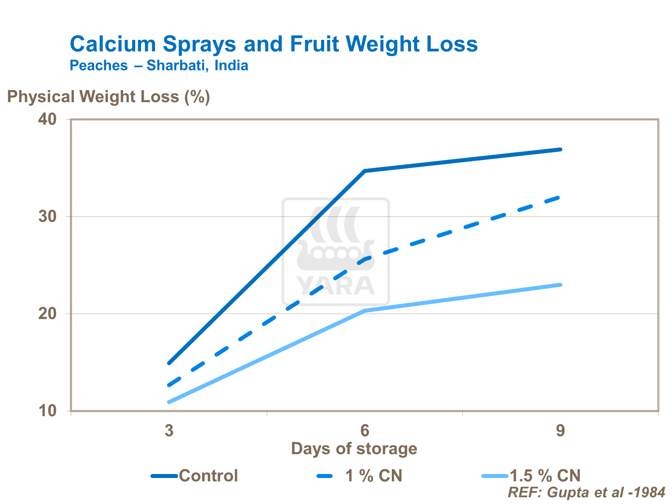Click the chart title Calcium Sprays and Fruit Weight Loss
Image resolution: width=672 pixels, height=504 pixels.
coord(274,44)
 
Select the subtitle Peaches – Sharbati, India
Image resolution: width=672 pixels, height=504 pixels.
coord(159,66)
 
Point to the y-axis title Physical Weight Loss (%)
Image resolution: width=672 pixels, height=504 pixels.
coord(108,97)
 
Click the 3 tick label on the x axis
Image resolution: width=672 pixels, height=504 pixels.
coord(169,431)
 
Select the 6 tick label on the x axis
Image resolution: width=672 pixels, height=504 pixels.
coord(365,431)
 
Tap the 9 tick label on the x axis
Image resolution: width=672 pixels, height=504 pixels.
coord(561,431)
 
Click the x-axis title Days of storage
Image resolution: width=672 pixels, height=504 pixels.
coord(354,449)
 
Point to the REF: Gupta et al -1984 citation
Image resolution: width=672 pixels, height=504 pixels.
coord(586,492)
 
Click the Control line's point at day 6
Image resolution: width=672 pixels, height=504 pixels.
coord(365,171)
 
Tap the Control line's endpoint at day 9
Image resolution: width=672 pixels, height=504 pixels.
coord(560,150)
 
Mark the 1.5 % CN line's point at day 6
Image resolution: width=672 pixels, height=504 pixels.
coord(365,310)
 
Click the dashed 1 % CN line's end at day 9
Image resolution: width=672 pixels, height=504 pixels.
coord(559,197)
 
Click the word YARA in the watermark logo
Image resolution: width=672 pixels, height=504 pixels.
coord(335,286)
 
